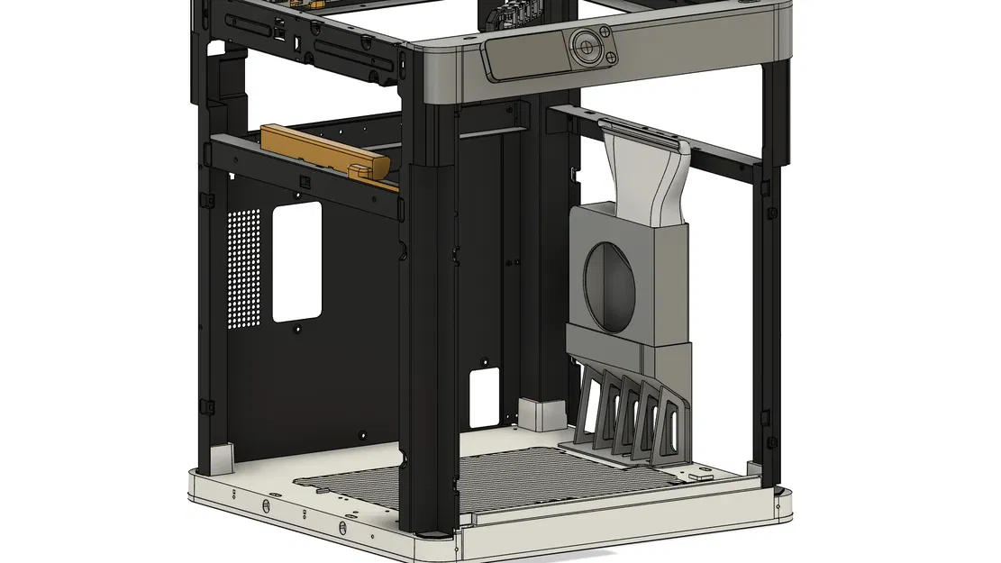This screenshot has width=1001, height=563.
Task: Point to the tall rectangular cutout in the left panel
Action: point(296,261)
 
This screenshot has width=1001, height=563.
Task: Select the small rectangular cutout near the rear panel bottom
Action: point(485,397)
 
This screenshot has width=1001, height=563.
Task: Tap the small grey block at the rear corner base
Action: point(542,413)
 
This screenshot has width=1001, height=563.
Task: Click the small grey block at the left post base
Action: point(220,459)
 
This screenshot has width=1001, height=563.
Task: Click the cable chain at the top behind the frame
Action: point(509,13)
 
